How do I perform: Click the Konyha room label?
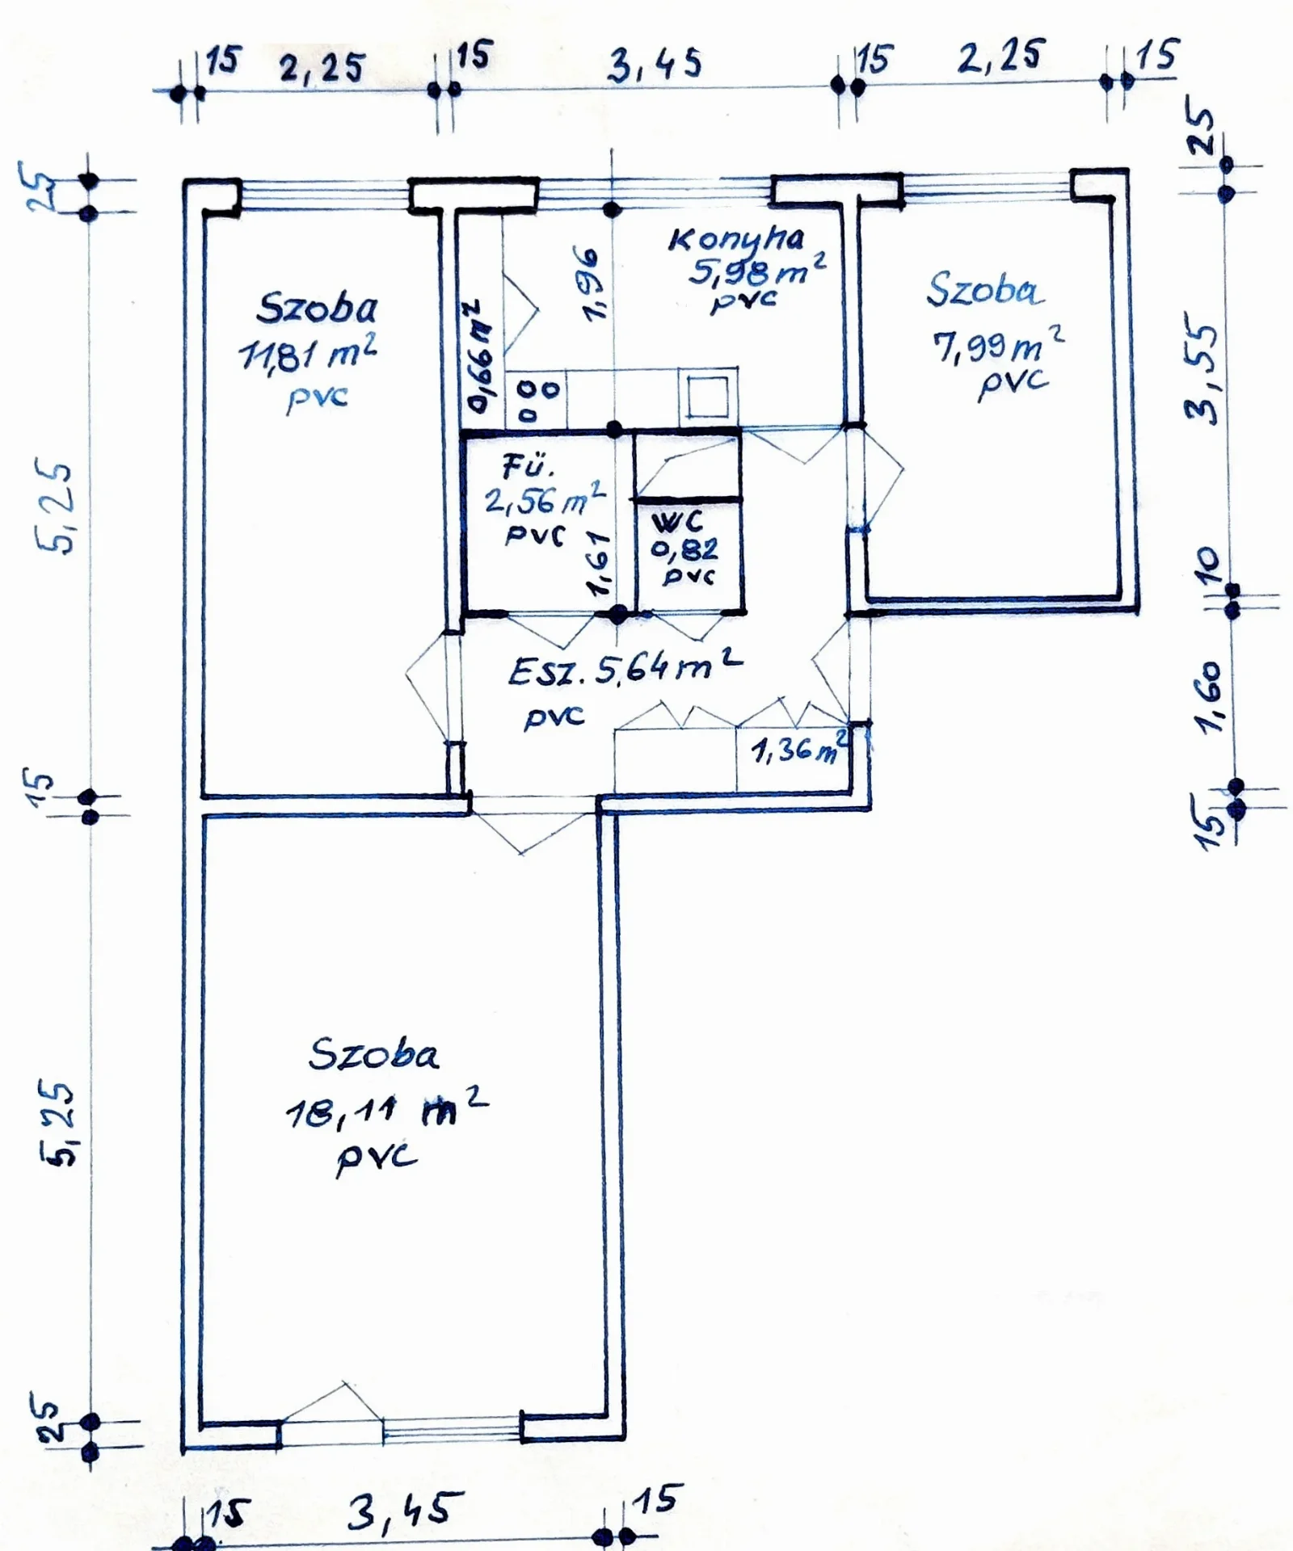[x=736, y=239]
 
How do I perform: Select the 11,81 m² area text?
[x=308, y=353]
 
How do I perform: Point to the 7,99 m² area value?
[x=999, y=346]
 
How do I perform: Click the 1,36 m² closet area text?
[x=801, y=749]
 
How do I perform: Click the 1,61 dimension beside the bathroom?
[x=600, y=564]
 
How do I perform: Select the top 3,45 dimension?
[x=655, y=65]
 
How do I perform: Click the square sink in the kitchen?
[x=709, y=393]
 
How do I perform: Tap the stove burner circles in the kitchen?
[x=537, y=401]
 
